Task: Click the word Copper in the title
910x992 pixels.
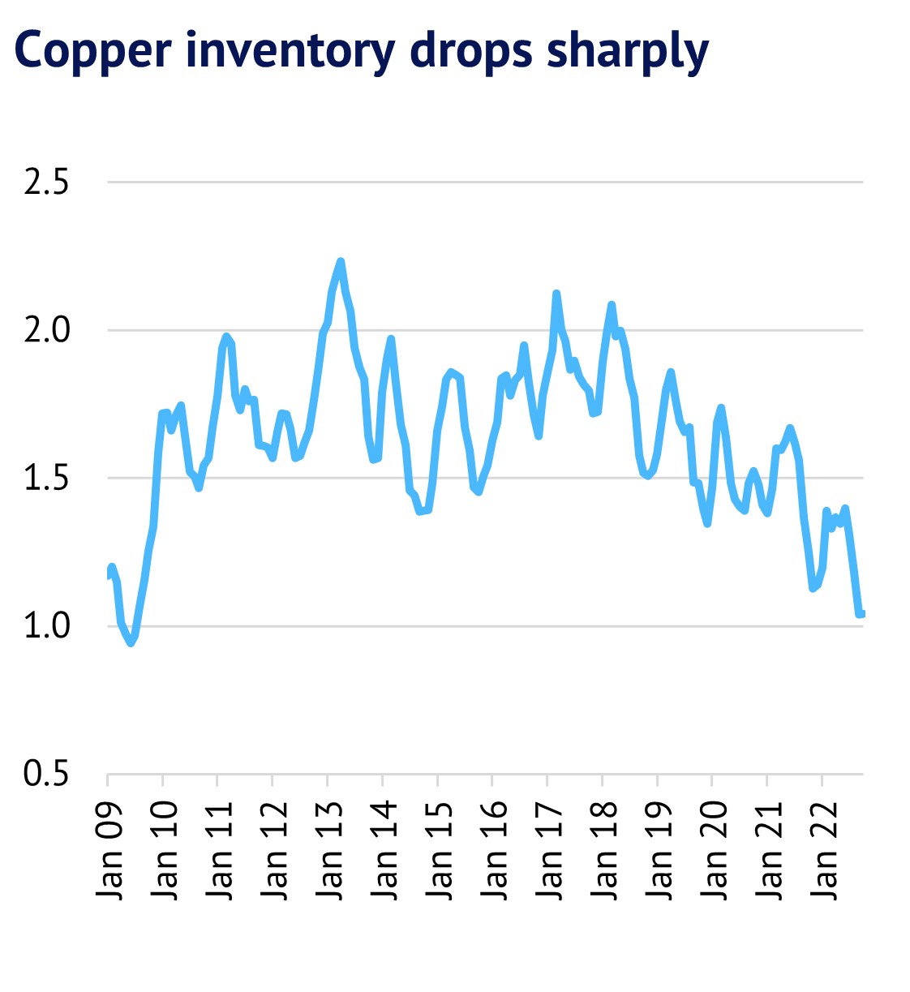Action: [93, 50]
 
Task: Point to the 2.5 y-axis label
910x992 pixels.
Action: [46, 183]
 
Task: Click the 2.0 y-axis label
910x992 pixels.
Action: [46, 330]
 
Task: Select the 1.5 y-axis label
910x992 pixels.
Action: [46, 479]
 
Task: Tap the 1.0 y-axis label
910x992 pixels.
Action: [46, 626]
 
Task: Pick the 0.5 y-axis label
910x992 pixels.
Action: [46, 774]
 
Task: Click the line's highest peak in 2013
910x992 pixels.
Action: [341, 261]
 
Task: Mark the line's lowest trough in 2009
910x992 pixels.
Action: [131, 643]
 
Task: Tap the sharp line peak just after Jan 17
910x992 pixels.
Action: [556, 294]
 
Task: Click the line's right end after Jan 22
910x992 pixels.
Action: [861, 613]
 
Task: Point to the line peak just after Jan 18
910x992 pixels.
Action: [612, 305]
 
